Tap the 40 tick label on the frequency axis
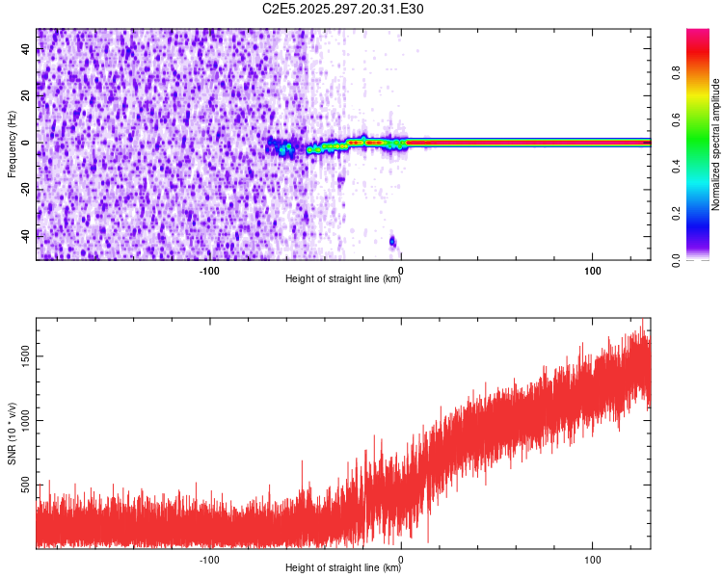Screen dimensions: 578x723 (26, 51)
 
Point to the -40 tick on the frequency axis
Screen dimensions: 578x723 (26, 234)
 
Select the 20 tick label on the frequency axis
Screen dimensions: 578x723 (26, 96)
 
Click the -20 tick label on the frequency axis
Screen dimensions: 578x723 (26, 189)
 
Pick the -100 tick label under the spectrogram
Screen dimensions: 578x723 (209, 270)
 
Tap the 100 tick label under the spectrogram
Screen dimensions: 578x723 (592, 270)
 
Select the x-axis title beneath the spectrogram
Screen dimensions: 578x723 (343, 279)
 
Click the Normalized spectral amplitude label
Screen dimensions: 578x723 (716, 144)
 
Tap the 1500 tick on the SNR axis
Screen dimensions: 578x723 (26, 355)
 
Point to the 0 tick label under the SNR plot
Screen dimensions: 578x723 (401, 559)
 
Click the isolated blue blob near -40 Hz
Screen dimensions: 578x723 (392, 241)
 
